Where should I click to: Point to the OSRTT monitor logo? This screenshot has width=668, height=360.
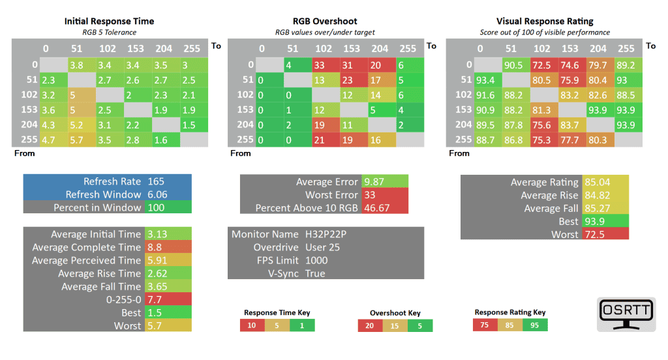pyautogui.click(x=626, y=314)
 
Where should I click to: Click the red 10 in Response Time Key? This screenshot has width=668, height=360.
pyautogui.click(x=252, y=325)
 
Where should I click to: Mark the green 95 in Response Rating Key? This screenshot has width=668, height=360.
pyautogui.click(x=535, y=325)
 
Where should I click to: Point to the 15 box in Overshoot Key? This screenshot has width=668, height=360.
pyautogui.click(x=395, y=325)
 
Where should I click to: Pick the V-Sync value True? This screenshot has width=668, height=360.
pyautogui.click(x=315, y=273)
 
